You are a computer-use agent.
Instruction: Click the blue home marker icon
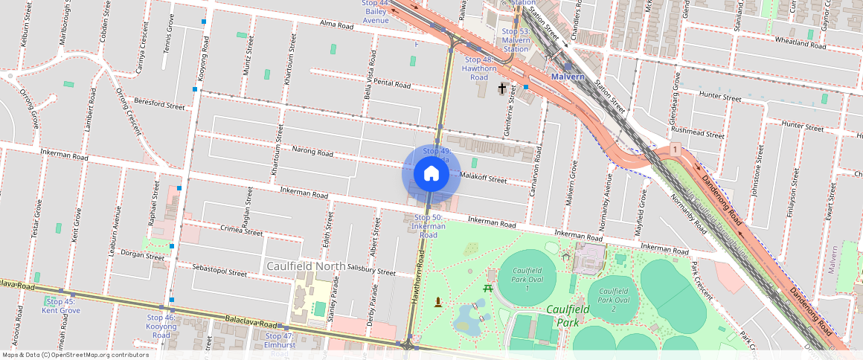(x=431, y=174)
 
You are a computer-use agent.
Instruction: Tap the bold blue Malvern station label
(x=569, y=77)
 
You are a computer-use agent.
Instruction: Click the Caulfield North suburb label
(x=306, y=266)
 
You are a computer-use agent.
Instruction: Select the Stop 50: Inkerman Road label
(x=429, y=225)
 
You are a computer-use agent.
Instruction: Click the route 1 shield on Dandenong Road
(x=674, y=150)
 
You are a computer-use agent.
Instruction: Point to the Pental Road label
(x=393, y=85)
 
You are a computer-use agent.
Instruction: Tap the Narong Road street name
(x=312, y=152)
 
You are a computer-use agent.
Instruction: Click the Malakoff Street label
(x=484, y=179)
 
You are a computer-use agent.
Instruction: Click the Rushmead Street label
(x=697, y=135)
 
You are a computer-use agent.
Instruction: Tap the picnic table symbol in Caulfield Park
(x=488, y=288)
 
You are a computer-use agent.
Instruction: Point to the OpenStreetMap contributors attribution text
(x=74, y=355)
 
